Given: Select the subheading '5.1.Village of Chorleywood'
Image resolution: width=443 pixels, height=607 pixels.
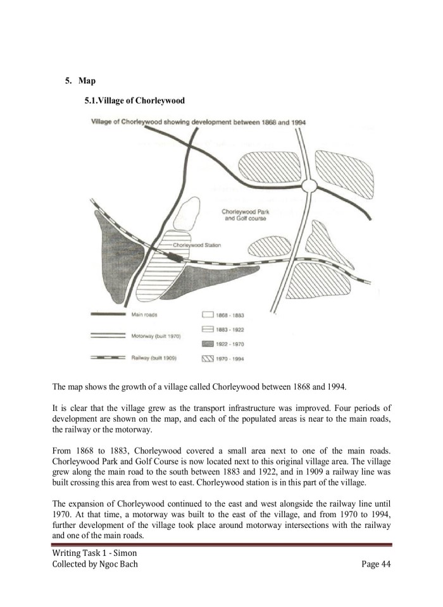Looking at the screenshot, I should coord(134,101).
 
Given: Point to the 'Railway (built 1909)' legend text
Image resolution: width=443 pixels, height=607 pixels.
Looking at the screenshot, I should coord(153,358).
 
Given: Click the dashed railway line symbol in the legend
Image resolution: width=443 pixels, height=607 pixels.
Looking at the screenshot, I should coord(109,358).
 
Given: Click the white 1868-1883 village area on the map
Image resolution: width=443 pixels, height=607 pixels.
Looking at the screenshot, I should coord(187,213).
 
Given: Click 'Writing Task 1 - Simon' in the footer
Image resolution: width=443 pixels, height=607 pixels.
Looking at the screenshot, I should coord(89,553).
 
